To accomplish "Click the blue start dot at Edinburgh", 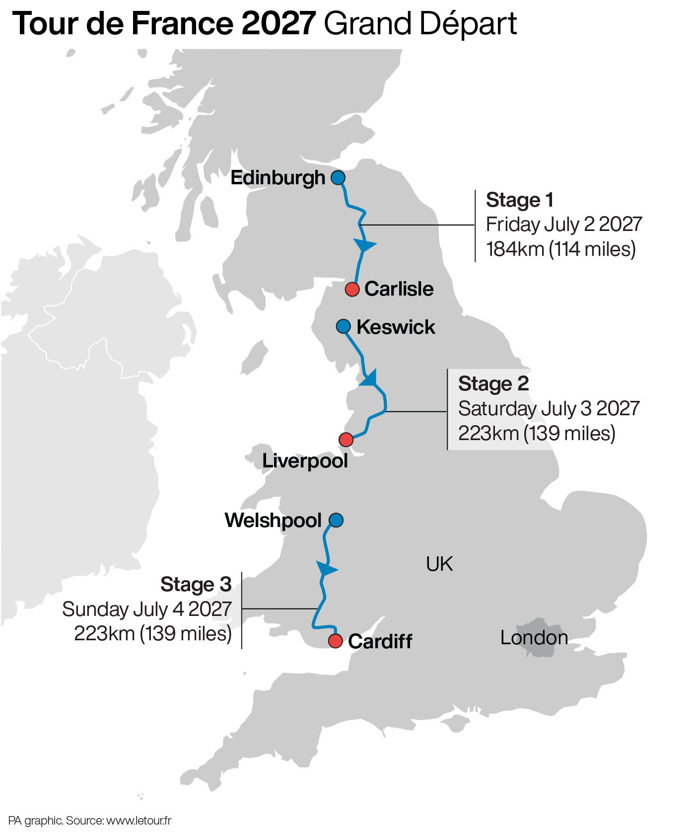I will (x=338, y=177).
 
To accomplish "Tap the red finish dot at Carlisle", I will (x=352, y=289).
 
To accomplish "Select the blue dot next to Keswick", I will (x=343, y=326).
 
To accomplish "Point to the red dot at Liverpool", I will (x=346, y=440).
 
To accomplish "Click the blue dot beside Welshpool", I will (x=336, y=520).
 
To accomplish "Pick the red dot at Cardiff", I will (x=336, y=641).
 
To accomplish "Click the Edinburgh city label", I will (x=278, y=178).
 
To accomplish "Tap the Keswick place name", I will (x=396, y=327).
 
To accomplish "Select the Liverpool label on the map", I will (x=305, y=461).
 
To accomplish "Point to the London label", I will (x=534, y=637).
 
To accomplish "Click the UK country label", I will (x=439, y=564).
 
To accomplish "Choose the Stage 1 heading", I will (x=519, y=200).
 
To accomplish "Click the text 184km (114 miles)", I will (x=560, y=249).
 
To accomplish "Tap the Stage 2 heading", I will (x=493, y=383).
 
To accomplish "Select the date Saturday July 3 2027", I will (x=549, y=408).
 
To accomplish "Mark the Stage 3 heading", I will (x=196, y=584).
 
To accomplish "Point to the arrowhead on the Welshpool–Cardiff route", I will (x=326, y=568).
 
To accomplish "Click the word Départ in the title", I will (x=468, y=23).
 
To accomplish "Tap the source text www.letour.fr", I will (x=139, y=821).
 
